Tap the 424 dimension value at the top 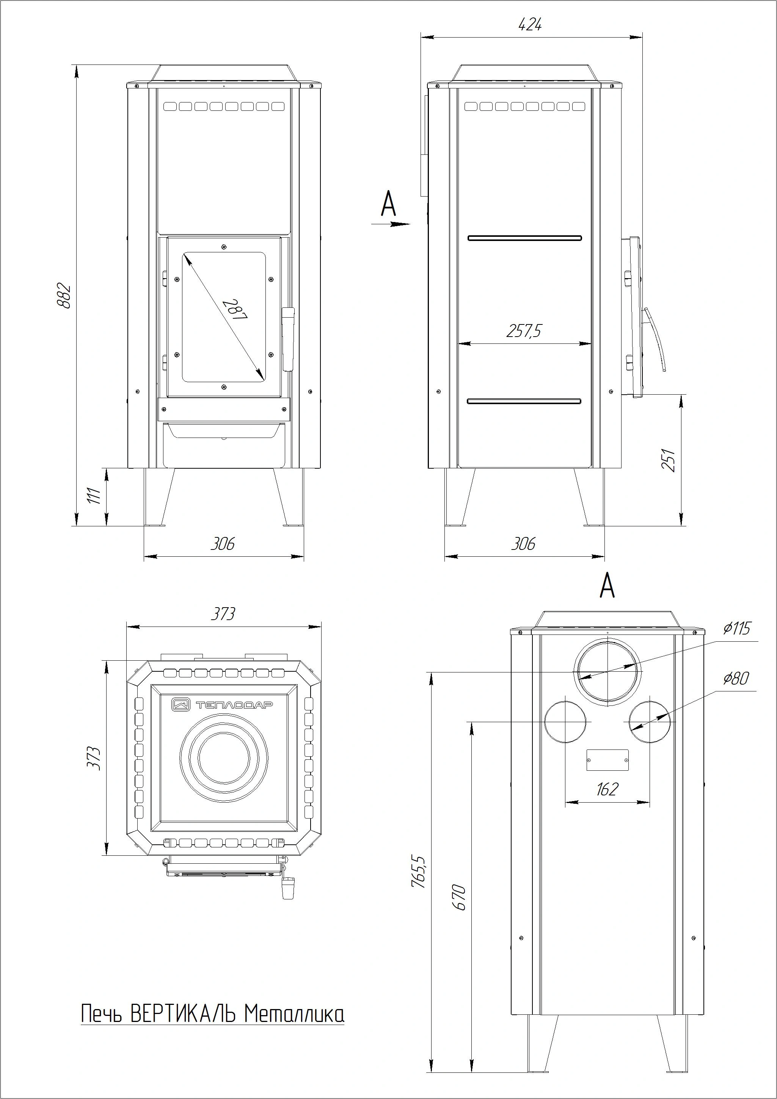tap(530, 24)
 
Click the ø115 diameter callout tap(737, 628)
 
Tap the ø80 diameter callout tap(736, 678)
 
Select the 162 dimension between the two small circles tap(607, 789)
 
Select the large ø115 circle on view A tap(607, 672)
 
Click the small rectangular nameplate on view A tap(607, 760)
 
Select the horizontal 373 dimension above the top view tap(223, 614)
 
